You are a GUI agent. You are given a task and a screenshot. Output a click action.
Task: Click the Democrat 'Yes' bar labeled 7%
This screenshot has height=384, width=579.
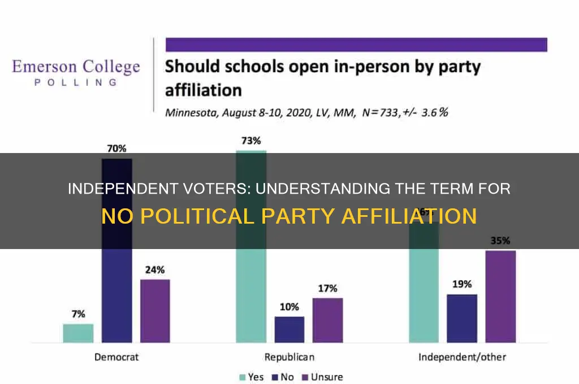pos(78,333)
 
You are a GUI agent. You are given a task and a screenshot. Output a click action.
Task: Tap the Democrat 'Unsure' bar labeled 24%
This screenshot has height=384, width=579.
pos(155,311)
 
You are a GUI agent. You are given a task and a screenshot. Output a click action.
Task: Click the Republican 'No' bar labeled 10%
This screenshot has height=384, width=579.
pos(289,329)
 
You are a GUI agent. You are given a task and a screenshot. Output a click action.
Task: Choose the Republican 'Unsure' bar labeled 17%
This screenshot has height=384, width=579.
pos(328,320)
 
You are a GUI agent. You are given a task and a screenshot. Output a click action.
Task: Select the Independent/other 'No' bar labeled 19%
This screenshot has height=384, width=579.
pos(462,318)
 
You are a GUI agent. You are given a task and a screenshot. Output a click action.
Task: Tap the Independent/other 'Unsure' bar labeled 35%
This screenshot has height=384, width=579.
pos(500,296)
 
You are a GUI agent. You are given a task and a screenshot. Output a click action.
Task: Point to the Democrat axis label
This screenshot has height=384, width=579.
pos(116,357)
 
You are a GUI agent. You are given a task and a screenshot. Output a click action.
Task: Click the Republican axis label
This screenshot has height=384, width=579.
pos(289,357)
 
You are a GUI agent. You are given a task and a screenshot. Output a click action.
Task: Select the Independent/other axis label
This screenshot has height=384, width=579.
pos(462,357)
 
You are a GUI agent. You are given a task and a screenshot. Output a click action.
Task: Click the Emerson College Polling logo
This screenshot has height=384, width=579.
pos(76,72)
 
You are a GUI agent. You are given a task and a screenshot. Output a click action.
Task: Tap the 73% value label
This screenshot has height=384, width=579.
pos(250,141)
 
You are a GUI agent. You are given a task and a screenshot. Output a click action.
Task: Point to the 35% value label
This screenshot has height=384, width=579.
pos(500,241)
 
